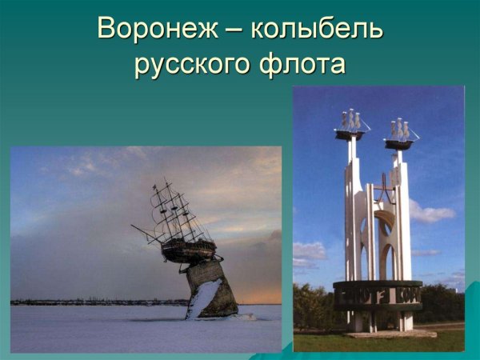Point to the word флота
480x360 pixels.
click(x=303, y=64)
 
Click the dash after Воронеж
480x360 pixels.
click(x=233, y=30)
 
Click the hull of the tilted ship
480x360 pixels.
click(x=188, y=250)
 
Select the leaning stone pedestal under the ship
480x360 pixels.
click(x=212, y=288)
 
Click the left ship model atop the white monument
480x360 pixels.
click(x=350, y=125)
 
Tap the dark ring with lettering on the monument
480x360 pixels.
click(x=377, y=294)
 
